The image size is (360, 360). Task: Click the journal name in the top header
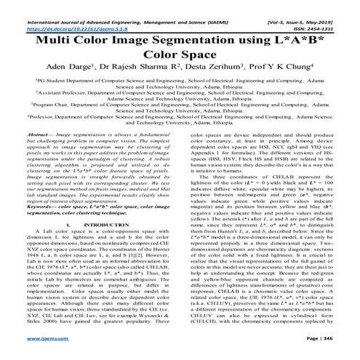117,8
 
